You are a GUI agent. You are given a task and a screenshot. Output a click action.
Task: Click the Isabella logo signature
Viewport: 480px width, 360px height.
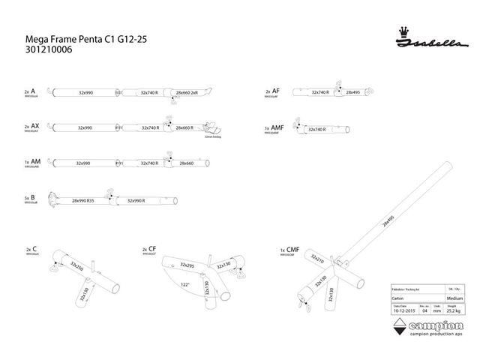pyautogui.click(x=423, y=42)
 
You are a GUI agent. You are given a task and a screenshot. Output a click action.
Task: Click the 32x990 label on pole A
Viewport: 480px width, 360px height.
pyautogui.click(x=85, y=92)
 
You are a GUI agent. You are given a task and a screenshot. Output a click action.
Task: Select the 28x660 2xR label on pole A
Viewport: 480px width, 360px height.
pyautogui.click(x=186, y=93)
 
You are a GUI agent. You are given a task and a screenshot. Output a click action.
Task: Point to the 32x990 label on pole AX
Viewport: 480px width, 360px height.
pyautogui.click(x=85, y=128)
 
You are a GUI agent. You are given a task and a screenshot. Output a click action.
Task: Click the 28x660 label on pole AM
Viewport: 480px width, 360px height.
pyautogui.click(x=185, y=163)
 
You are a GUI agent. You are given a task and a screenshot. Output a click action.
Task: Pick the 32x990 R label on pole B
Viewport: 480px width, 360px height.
pyautogui.click(x=136, y=201)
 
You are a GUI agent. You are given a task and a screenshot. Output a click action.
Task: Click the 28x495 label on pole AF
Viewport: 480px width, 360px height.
pyautogui.click(x=353, y=92)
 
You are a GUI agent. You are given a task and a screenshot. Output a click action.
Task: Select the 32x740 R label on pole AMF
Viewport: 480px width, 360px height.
pyautogui.click(x=317, y=130)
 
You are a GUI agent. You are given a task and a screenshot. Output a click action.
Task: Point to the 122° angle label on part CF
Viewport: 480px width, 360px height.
pyautogui.click(x=184, y=284)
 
